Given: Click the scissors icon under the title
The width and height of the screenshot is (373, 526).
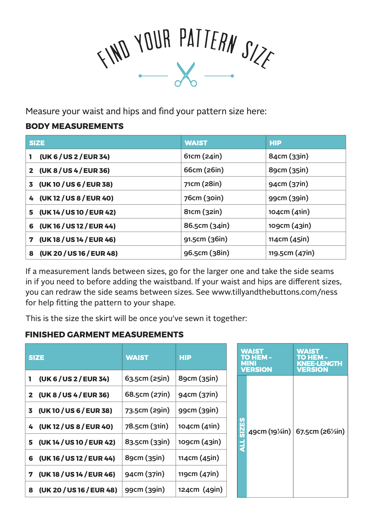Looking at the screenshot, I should [x=186, y=74].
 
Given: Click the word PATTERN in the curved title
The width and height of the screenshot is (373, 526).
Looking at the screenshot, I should [x=208, y=40].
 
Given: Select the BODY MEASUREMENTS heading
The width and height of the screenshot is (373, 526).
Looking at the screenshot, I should [x=74, y=126].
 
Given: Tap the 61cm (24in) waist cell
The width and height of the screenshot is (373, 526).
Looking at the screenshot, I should [x=203, y=156].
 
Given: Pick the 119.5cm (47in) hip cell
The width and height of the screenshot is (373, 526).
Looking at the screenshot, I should [x=291, y=253].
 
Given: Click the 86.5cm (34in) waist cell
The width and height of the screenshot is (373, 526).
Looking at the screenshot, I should [x=207, y=225].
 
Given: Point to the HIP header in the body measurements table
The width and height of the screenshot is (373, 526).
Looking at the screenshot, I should [x=275, y=143].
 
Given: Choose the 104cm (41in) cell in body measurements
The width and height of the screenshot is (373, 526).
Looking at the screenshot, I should [x=289, y=212].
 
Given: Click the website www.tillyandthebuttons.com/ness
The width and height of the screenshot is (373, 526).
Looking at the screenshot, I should [x=274, y=292].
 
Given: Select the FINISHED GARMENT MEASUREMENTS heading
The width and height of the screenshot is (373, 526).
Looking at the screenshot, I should [x=104, y=335].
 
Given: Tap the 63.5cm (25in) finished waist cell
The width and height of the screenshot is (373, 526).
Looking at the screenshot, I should [x=147, y=378].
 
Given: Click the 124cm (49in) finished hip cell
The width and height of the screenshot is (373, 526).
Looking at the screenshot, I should [x=200, y=490].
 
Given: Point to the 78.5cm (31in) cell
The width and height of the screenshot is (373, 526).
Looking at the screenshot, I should [x=146, y=426].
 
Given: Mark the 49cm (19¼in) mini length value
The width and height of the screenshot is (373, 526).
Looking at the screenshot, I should [x=270, y=432].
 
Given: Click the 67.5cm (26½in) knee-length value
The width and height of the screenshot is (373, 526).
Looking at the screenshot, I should [x=320, y=432].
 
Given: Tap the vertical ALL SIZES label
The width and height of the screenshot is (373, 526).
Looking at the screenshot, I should [x=242, y=435].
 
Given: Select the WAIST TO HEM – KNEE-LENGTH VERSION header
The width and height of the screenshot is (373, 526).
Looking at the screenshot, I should [x=319, y=360].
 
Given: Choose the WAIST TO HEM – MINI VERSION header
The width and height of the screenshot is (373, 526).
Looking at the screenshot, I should [x=256, y=360].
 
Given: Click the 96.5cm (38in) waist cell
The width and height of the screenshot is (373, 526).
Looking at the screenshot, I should [x=206, y=253].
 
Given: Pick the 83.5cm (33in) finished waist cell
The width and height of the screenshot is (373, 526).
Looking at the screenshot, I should [x=147, y=442].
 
